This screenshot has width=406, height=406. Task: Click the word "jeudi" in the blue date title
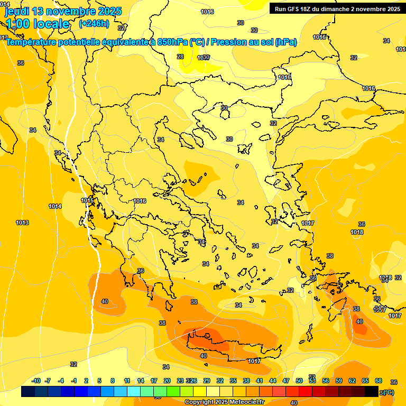click(17, 11)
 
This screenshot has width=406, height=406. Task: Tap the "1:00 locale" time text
click(38, 24)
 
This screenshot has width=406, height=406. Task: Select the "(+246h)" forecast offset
click(94, 24)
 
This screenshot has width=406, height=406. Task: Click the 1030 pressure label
click(204, 58)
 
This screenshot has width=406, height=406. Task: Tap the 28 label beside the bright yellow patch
click(180, 57)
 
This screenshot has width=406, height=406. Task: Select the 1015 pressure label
click(87, 200)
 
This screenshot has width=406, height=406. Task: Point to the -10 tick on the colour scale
click(36, 381)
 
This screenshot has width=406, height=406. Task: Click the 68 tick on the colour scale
click(379, 381)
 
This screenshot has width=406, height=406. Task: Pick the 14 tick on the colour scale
click(141, 381)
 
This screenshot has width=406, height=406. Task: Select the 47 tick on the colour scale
click(286, 381)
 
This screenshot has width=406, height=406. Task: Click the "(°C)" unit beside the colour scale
click(388, 392)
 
